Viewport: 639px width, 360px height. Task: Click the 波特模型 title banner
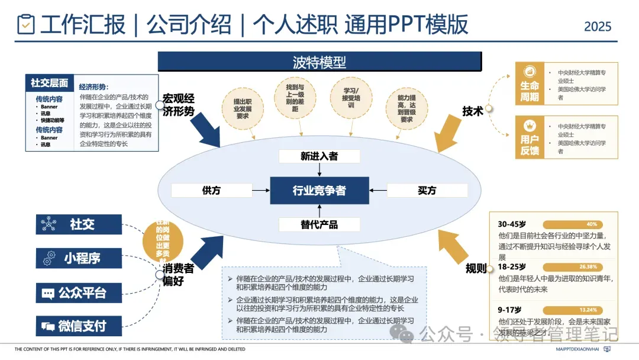coord(319,62)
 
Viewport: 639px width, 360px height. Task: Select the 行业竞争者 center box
coord(319,191)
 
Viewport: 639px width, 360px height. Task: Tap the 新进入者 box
coord(319,156)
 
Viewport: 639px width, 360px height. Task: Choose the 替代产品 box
coord(319,224)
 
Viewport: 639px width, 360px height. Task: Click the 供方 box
coord(211,191)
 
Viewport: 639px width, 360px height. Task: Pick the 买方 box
coord(427,191)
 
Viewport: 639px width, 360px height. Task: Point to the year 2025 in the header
coord(598,27)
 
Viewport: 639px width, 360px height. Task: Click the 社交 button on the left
coord(79,224)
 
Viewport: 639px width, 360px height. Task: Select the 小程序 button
coord(79,258)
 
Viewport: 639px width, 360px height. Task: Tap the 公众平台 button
coord(79,292)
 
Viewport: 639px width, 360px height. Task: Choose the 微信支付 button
coord(79,326)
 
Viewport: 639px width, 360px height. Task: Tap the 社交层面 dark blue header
coord(50,83)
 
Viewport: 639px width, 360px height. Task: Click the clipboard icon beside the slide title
coord(26,25)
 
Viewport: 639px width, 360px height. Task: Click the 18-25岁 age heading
coord(512,267)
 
